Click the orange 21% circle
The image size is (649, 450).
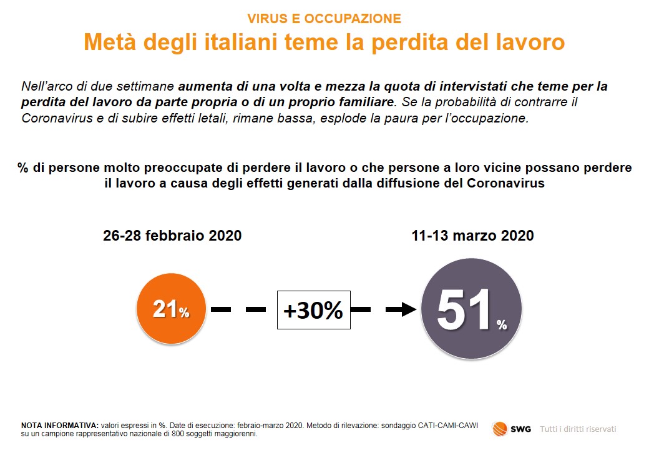[x=171, y=308]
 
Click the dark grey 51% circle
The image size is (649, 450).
[x=471, y=309]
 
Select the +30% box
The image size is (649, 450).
[x=314, y=310]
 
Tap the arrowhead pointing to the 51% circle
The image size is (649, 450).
[x=409, y=309]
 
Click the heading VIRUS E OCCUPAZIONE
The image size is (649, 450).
[x=324, y=19]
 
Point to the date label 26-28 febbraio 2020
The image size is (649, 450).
[x=172, y=236]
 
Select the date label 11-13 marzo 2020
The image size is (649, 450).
[x=472, y=236]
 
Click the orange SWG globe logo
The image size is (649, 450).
[x=500, y=429]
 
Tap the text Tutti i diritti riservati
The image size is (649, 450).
[x=578, y=429]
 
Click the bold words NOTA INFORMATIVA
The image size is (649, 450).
[x=60, y=426]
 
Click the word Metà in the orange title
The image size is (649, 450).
[x=110, y=42]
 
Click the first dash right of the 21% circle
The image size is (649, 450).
[x=221, y=309]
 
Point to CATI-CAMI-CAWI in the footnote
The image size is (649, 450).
[x=448, y=426]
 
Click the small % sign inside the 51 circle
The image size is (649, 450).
[x=502, y=324]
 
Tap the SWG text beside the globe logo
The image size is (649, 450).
[x=520, y=429]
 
